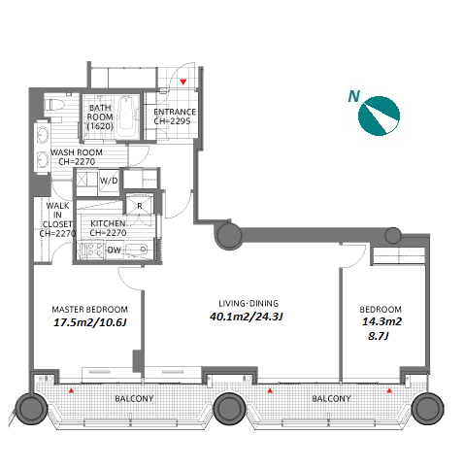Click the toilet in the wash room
pyautogui.click(x=54, y=105)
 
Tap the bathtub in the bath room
pyautogui.click(x=127, y=117)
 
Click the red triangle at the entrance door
pyautogui.click(x=183, y=82)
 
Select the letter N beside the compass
pyautogui.click(x=354, y=96)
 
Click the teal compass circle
pyautogui.click(x=379, y=116)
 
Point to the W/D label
pyautogui.click(x=109, y=181)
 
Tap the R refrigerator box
pyautogui.click(x=140, y=206)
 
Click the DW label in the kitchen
pyautogui.click(x=114, y=250)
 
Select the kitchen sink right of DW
pyautogui.click(x=137, y=250)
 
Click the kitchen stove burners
pyautogui.click(x=91, y=251)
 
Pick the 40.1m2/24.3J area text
pyautogui.click(x=247, y=317)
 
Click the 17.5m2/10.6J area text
pyautogui.click(x=89, y=322)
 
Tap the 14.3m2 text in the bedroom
pyautogui.click(x=381, y=321)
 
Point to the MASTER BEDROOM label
pyautogui.click(x=90, y=310)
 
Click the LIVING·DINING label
pyautogui.click(x=249, y=303)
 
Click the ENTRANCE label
pyautogui.click(x=175, y=112)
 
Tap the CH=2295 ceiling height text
pyautogui.click(x=172, y=121)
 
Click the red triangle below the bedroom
pyautogui.click(x=389, y=390)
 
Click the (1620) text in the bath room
pyautogui.click(x=100, y=126)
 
